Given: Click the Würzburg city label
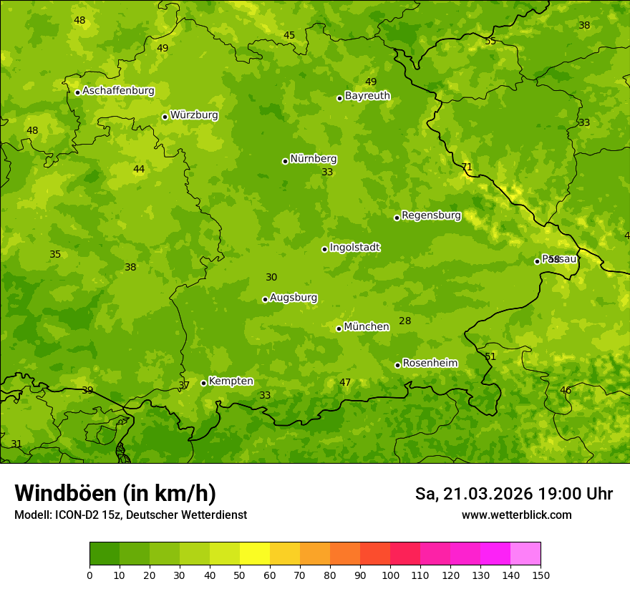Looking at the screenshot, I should point(194,115).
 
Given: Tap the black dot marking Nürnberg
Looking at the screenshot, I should point(285,161).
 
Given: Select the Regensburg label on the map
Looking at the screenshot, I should point(431,215).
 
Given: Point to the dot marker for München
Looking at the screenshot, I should point(339,328).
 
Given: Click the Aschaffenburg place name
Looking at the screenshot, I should point(118,91).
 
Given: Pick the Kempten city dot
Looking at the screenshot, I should point(203,383).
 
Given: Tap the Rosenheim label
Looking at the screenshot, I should point(430,364).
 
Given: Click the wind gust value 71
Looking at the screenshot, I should point(467,167).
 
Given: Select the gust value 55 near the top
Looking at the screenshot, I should point(490,42).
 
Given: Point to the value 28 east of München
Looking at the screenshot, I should point(405,321).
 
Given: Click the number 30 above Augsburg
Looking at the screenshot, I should point(271,278).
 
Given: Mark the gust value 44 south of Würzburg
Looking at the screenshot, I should point(139,170).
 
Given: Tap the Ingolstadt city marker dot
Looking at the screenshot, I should point(324,249).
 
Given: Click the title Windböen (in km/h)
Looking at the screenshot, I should point(115,493).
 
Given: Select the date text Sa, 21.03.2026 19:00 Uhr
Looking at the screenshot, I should point(513,494).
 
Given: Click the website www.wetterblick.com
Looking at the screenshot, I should point(516,515).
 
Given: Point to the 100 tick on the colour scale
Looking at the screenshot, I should point(390,575).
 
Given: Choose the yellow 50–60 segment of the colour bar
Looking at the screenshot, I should point(255,554).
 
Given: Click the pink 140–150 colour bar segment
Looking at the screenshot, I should point(525,554).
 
